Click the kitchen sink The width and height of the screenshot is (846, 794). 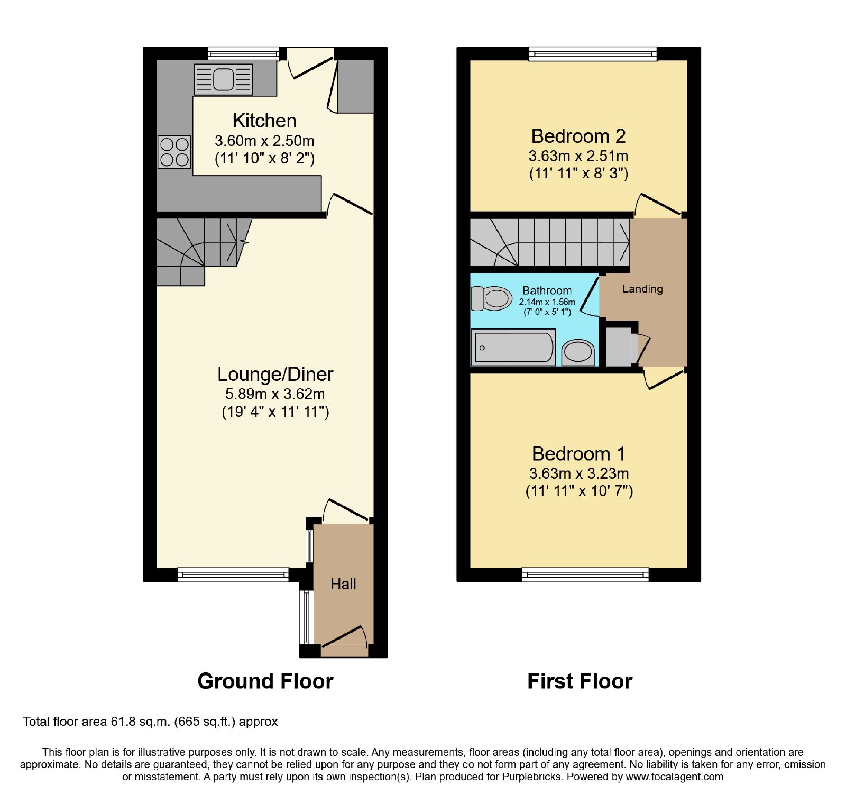(x=223, y=79)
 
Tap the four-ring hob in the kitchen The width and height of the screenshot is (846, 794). (x=174, y=152)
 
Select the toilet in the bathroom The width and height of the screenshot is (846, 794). (x=491, y=298)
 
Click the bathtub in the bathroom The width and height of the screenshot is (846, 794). (x=513, y=347)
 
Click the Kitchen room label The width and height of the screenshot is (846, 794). (x=264, y=121)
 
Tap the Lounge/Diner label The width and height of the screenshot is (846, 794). (x=275, y=374)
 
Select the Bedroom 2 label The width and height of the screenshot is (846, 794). (x=578, y=136)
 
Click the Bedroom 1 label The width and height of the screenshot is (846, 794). (x=578, y=454)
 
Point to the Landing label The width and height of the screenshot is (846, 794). (x=642, y=289)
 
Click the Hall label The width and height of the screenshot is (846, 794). (x=343, y=584)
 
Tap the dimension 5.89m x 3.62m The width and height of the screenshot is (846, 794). (x=275, y=394)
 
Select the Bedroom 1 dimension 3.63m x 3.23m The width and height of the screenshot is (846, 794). (x=579, y=473)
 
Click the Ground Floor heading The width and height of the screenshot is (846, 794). (x=265, y=681)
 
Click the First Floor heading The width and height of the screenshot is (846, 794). (x=580, y=681)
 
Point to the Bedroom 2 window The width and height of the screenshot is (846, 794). (x=593, y=53)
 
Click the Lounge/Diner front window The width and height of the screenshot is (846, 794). (x=233, y=574)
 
